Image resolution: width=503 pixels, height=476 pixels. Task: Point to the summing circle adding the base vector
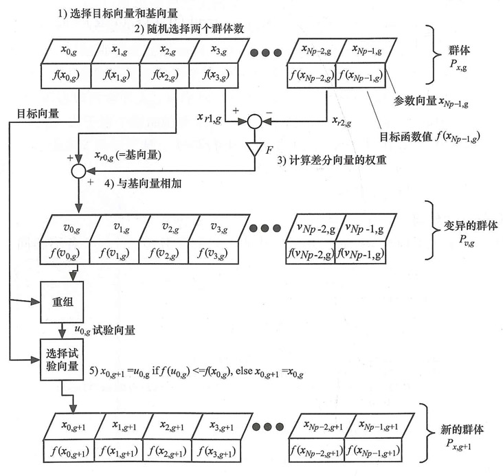pyautogui.click(x=78, y=169)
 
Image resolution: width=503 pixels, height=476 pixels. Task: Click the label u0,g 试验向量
pyautogui.click(x=103, y=330)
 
